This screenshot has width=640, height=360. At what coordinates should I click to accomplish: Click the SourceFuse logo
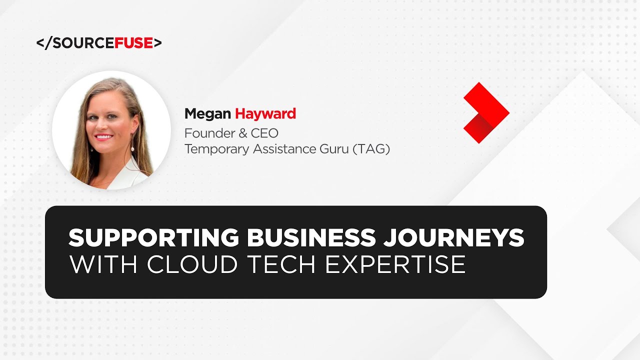pos(99,43)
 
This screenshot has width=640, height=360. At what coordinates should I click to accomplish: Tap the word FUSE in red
pos(133,43)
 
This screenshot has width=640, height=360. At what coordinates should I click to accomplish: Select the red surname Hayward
pos(265,114)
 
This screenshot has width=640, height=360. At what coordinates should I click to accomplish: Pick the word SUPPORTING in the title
pos(154,237)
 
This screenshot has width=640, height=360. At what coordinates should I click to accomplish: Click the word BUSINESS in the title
pos(310,237)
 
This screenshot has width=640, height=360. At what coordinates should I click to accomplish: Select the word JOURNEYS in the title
pos(454,237)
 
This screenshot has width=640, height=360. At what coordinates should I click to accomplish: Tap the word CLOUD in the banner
pos(192,264)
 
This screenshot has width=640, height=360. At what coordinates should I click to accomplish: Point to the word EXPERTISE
pos(395,264)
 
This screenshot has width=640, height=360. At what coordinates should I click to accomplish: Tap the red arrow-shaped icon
pos(485,113)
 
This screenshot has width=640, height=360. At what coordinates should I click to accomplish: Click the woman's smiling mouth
pos(104,136)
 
